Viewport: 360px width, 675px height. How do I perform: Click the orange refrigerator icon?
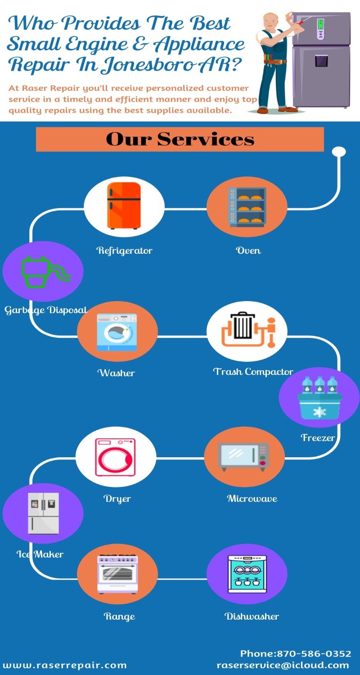[124, 206]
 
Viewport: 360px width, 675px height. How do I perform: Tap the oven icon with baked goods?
[247, 206]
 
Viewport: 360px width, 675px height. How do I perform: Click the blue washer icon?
[117, 332]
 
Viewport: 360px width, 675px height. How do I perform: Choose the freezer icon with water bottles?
[319, 398]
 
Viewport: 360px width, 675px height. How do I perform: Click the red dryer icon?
[115, 457]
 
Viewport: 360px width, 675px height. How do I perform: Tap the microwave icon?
[244, 457]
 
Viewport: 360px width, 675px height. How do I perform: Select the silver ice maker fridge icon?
[43, 513]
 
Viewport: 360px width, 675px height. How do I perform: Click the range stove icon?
[117, 574]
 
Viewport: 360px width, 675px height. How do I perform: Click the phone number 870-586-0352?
[314, 653]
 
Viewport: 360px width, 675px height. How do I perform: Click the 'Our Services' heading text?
[180, 139]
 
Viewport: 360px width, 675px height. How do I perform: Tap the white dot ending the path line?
[339, 152]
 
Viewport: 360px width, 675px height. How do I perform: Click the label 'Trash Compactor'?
[253, 372]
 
